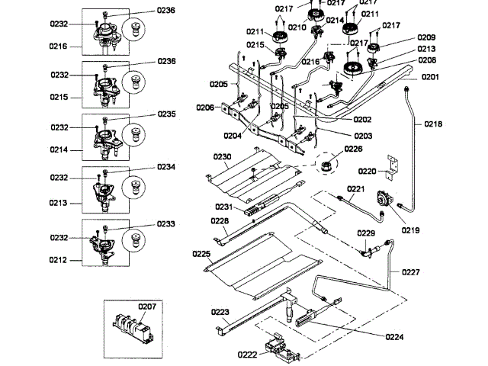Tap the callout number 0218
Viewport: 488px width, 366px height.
tap(433, 124)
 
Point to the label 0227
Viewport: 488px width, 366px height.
tap(411, 271)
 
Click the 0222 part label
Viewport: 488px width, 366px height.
tap(247, 355)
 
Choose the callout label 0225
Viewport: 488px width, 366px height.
tap(201, 253)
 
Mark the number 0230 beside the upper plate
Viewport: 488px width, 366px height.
tap(222, 157)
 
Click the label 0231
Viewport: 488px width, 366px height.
tap(223, 206)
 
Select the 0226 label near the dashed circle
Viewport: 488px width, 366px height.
tap(353, 149)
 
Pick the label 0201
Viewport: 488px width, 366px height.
tap(431, 76)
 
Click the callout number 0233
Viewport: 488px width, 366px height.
tap(166, 224)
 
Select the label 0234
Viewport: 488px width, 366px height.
tap(166, 166)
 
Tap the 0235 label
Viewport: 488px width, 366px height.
tap(166, 114)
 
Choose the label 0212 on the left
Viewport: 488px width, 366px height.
tap(58, 259)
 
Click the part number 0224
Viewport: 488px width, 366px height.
tap(394, 336)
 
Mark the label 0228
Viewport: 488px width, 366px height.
tap(220, 221)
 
